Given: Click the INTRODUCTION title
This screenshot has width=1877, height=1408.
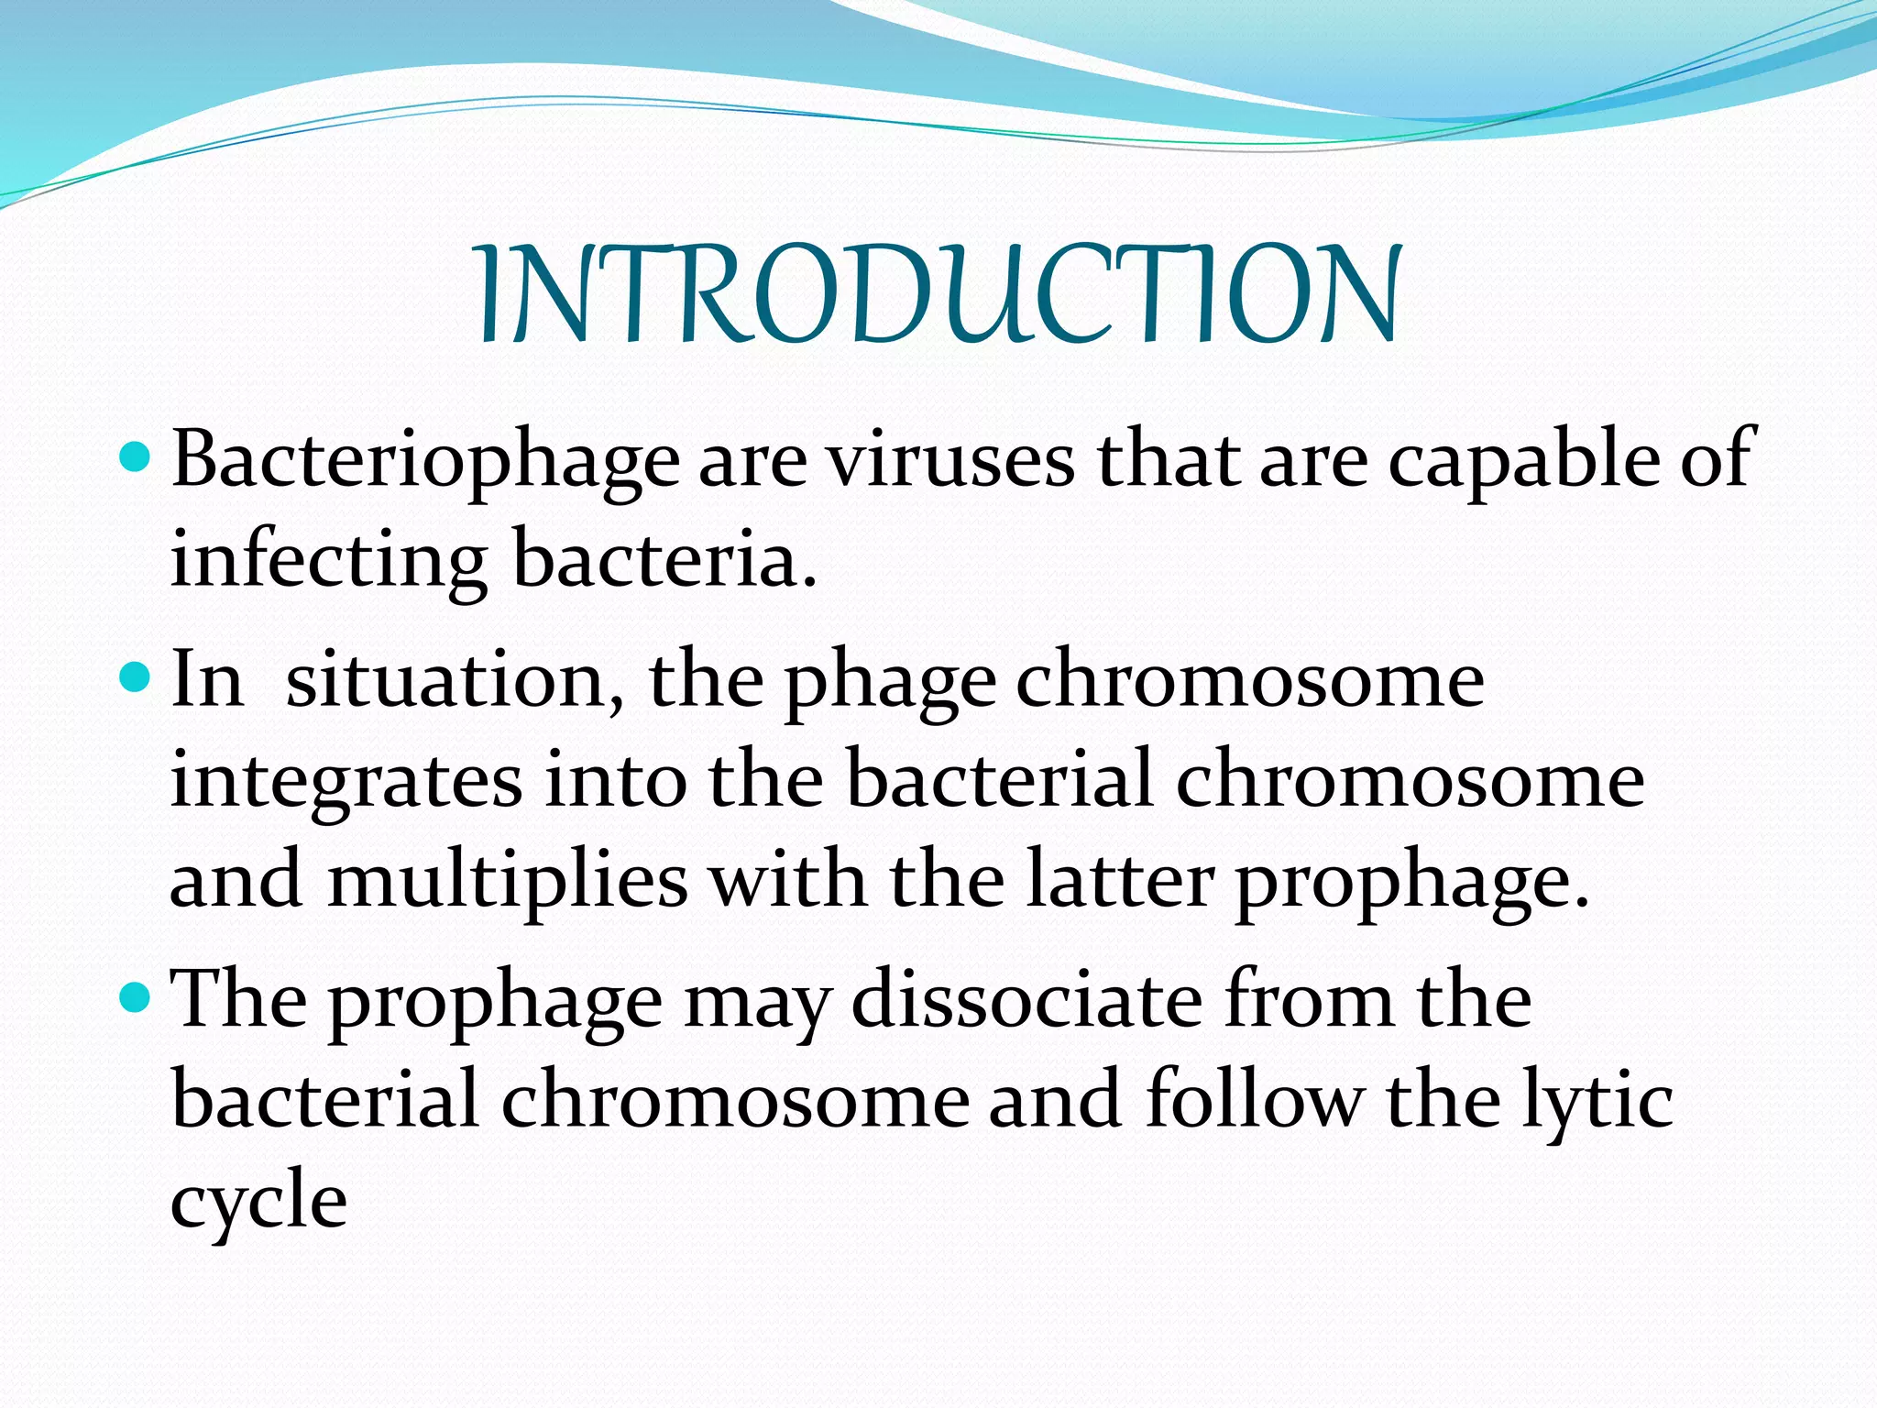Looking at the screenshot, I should pyautogui.click(x=938, y=295).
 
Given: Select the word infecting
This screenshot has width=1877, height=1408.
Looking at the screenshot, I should pyautogui.click(x=328, y=561).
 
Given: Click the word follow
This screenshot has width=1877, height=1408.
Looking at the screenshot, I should pyautogui.click(x=1254, y=1099).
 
